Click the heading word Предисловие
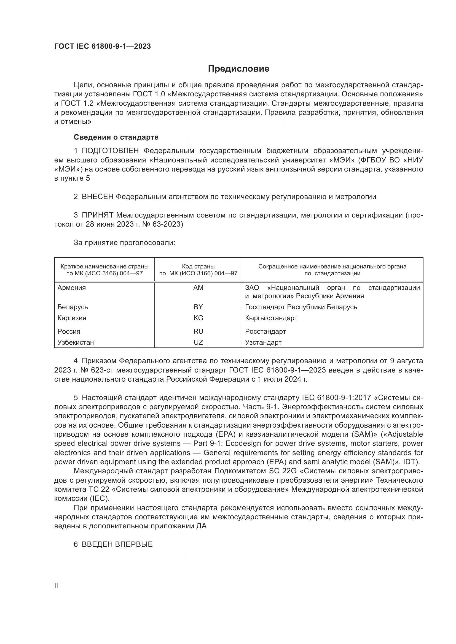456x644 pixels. pos(238,69)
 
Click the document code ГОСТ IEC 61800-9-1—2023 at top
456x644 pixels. pos(103,46)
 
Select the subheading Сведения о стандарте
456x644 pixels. pos(116,137)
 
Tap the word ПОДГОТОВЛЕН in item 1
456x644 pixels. pos(110,151)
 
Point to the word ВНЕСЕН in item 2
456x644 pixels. pos(97,197)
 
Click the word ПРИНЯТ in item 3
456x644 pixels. pos(97,215)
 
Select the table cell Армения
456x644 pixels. pos(72,288)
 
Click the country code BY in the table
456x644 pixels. pos(198,307)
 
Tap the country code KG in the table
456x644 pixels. pos(198,318)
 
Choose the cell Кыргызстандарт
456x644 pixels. pos(271,318)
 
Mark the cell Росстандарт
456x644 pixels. pos(265,331)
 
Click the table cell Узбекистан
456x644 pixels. pos(76,342)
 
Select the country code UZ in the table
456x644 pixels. pos(198,342)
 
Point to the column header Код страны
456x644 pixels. pos(198,267)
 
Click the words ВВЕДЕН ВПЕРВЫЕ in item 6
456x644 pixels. pos(117,544)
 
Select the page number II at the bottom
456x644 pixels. pos(56,586)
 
